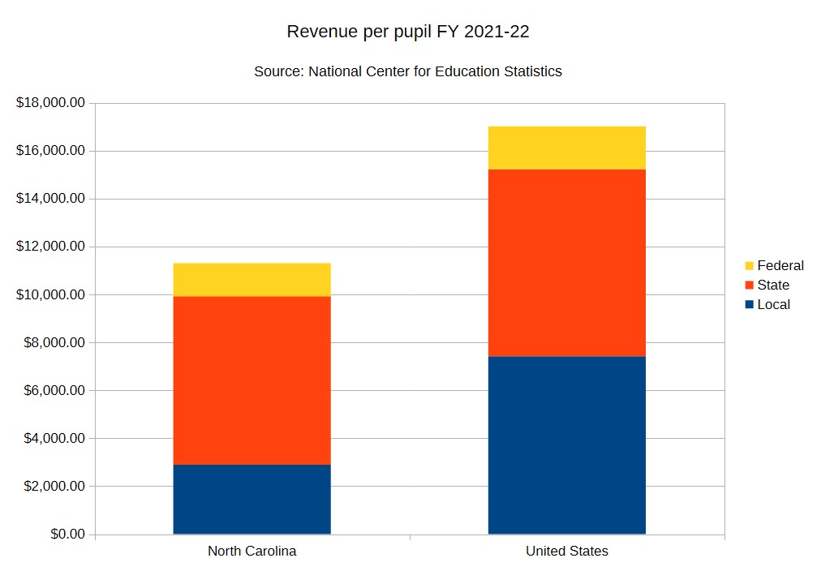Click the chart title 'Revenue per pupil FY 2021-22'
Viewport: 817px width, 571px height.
pyautogui.click(x=408, y=32)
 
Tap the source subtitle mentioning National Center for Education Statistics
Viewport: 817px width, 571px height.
pyautogui.click(x=408, y=71)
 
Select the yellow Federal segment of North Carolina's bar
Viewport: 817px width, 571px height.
pyautogui.click(x=252, y=280)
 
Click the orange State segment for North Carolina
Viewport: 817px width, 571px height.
pyautogui.click(x=252, y=380)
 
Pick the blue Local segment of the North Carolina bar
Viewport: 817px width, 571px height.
pyautogui.click(x=252, y=499)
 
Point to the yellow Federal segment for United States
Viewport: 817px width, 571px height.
pyautogui.click(x=566, y=148)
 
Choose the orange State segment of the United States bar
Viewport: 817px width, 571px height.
pyautogui.click(x=566, y=263)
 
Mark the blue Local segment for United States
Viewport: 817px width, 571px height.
pyautogui.click(x=566, y=444)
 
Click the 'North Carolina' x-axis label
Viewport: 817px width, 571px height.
pyautogui.click(x=252, y=552)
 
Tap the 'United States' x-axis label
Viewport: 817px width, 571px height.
pyautogui.click(x=566, y=552)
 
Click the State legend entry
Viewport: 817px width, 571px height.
pyautogui.click(x=767, y=285)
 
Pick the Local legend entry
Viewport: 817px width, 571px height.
pyautogui.click(x=767, y=304)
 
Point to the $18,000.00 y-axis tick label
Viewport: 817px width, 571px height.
pyautogui.click(x=50, y=103)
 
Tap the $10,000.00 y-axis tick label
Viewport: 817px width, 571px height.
pyautogui.click(x=50, y=294)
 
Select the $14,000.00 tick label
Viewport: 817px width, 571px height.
pyautogui.click(x=50, y=199)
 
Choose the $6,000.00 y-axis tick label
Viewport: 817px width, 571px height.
pyautogui.click(x=54, y=390)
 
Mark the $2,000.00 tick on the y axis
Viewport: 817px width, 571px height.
pyautogui.click(x=54, y=487)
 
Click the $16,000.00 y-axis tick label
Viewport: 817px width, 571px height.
pyautogui.click(x=50, y=151)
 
